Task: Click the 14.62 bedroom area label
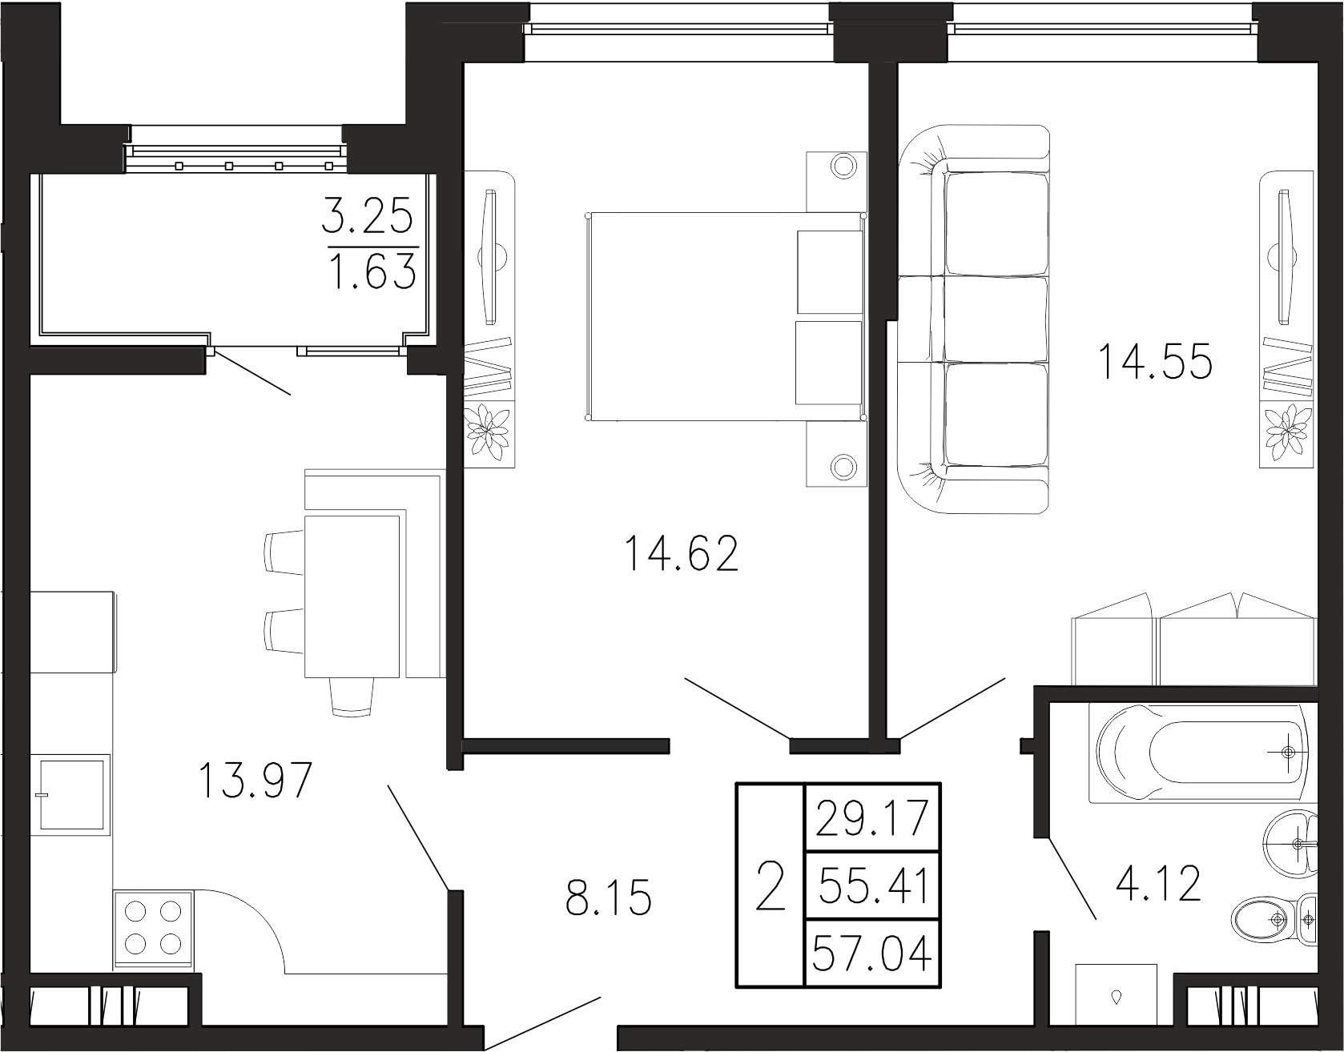point(682,554)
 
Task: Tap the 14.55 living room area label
point(1155,361)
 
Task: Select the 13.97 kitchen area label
point(254,781)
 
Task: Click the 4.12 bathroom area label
point(1158,884)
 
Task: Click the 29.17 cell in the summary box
point(871,818)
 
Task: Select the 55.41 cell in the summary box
point(871,886)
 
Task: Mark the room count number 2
point(771,885)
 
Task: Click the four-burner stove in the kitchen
point(153,929)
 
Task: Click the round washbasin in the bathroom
point(1291,845)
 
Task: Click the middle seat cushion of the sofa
point(996,319)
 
